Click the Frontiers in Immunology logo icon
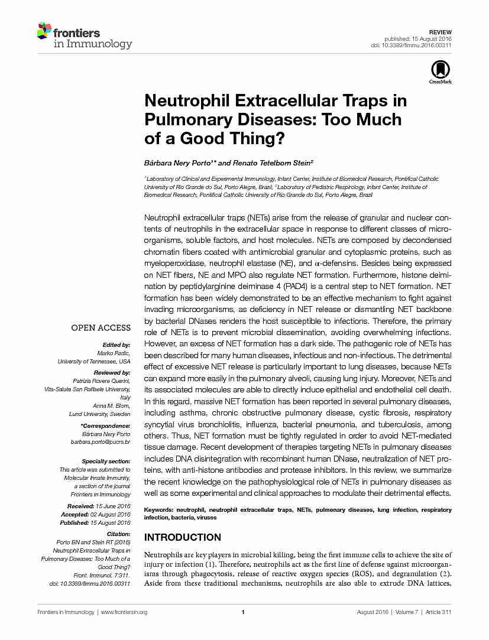44,31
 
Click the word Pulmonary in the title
186,119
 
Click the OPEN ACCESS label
101,328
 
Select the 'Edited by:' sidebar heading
116,345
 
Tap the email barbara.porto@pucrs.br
101,441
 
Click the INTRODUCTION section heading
183,537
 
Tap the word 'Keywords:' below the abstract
158,509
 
